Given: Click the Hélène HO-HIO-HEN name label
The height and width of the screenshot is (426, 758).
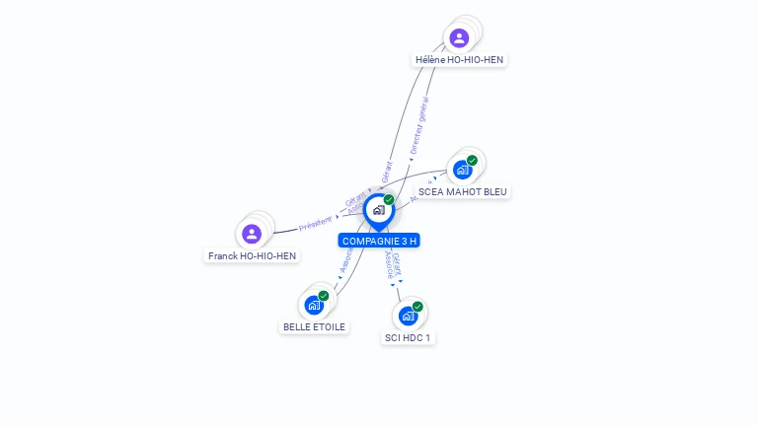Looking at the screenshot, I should tap(459, 59).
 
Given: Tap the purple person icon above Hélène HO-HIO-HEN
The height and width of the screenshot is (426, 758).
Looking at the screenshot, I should tap(459, 38).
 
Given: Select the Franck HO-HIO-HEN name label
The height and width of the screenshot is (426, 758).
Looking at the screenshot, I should tap(252, 255).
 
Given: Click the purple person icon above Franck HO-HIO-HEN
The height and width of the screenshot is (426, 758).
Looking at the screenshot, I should tap(252, 234).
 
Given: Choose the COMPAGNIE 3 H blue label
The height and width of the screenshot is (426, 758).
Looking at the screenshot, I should tap(379, 241).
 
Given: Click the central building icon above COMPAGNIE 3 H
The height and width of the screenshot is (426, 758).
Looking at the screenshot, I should tap(378, 210).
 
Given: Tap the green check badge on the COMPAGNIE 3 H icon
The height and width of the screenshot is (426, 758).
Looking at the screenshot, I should tap(389, 200).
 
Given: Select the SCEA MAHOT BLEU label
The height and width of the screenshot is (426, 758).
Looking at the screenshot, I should tap(464, 191).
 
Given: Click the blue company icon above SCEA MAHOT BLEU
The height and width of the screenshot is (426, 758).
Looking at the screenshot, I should tap(462, 170).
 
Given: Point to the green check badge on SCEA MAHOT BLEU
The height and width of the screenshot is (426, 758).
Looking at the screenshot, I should tap(472, 161).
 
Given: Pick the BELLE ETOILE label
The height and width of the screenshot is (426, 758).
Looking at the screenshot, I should tap(315, 326).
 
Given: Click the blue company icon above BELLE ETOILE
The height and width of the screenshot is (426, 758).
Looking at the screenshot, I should tap(314, 305).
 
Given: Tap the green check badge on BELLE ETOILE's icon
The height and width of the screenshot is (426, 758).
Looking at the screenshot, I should tap(324, 296).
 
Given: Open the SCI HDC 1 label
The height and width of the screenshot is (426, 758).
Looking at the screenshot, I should tap(408, 337).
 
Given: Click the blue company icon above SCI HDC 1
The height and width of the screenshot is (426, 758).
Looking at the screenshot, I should tap(408, 316).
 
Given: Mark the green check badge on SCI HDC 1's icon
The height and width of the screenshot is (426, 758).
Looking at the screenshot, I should tap(417, 307).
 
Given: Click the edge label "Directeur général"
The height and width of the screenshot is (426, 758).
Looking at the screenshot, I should tap(419, 124).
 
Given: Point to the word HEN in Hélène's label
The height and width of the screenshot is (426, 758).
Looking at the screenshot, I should tap(492, 59).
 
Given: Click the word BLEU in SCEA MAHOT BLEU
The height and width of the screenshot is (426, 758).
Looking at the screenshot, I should tap(494, 191).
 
